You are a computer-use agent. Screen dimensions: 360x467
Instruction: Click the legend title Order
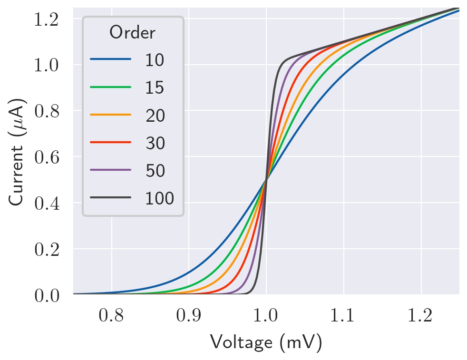[x=132, y=33]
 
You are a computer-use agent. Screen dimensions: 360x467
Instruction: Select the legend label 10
[x=155, y=60]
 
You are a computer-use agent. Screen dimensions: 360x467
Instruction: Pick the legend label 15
[x=155, y=88]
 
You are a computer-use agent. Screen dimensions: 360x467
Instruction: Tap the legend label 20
[x=155, y=115]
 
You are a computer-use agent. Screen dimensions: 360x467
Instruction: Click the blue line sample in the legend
[x=110, y=60]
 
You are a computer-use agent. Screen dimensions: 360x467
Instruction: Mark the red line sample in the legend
[x=110, y=142]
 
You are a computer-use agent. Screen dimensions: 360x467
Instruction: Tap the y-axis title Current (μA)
[x=18, y=152]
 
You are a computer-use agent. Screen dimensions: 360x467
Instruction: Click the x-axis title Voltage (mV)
[x=266, y=342]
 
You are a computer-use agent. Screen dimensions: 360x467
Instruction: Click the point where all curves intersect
[x=266, y=179]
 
